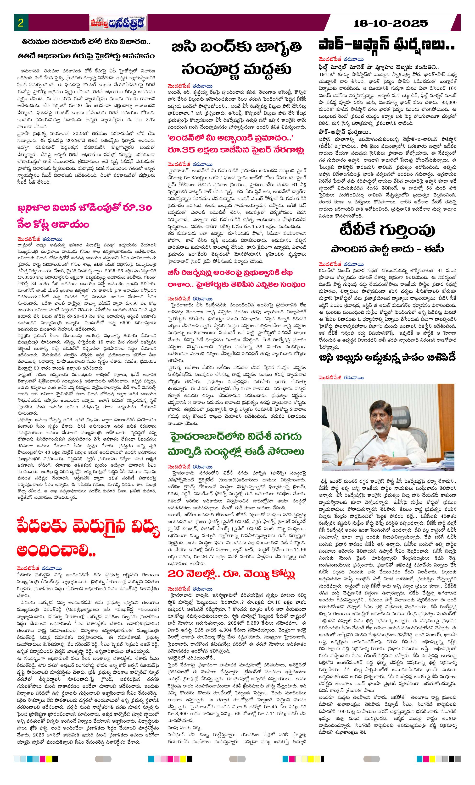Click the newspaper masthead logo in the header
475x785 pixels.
point(118,23)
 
